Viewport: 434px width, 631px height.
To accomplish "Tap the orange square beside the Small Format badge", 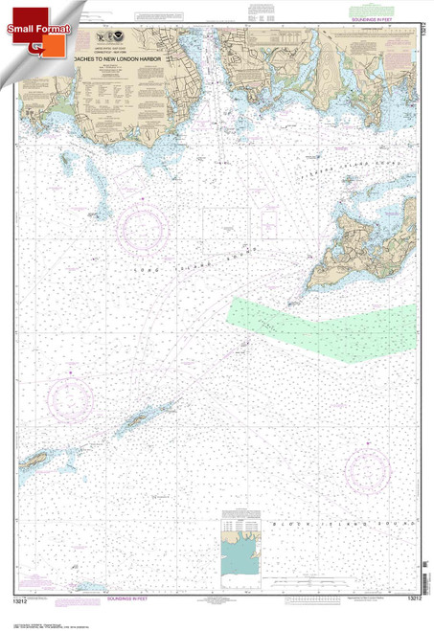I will click(x=36, y=44).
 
